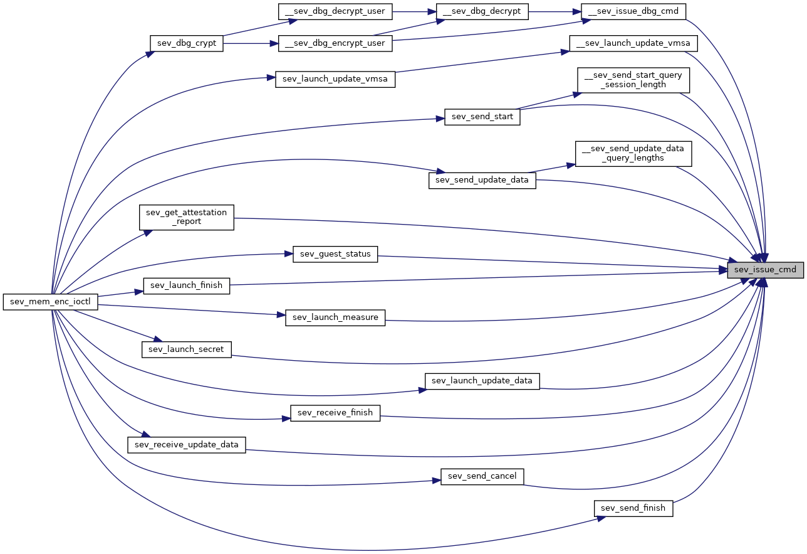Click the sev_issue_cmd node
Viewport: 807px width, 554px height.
click(765, 270)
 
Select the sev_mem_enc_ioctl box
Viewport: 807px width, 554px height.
click(50, 302)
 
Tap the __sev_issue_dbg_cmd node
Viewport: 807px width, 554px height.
click(633, 11)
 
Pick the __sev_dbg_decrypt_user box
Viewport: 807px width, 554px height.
click(335, 11)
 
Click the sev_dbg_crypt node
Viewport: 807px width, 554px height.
click(187, 43)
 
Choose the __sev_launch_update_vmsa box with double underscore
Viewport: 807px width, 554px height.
click(633, 43)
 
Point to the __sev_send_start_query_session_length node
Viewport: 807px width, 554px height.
click(633, 80)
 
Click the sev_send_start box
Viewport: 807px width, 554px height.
click(482, 117)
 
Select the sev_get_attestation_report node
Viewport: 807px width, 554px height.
click(187, 217)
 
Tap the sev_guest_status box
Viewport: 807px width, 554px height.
click(335, 254)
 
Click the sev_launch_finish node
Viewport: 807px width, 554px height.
click(187, 285)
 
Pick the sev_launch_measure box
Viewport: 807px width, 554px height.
click(335, 317)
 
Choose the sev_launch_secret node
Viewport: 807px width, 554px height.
click(187, 349)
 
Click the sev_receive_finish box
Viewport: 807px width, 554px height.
click(335, 413)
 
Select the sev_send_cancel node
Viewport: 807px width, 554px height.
click(482, 476)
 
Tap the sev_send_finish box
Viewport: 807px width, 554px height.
click(633, 508)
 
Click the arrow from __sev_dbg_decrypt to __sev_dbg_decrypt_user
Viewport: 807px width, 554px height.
click(414, 11)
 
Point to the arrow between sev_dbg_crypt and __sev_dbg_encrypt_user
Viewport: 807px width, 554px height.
click(251, 43)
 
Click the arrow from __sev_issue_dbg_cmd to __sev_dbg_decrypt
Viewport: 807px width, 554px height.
click(555, 11)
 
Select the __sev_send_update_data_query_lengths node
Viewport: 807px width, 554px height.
click(633, 154)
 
